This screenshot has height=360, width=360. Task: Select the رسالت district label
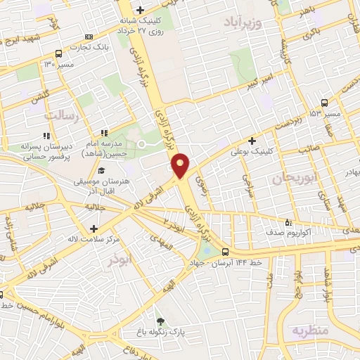click(x=64, y=114)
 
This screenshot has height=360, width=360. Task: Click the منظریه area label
click(x=311, y=330)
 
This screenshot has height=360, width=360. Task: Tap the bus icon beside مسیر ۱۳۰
click(x=58, y=53)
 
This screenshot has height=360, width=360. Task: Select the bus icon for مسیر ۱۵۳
click(x=324, y=103)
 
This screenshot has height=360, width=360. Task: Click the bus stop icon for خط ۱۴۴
click(x=225, y=252)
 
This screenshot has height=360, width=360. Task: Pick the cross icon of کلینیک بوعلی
click(x=252, y=141)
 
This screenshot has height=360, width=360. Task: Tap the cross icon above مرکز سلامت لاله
click(x=94, y=229)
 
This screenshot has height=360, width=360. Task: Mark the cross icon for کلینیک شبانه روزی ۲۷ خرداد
click(x=140, y=10)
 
